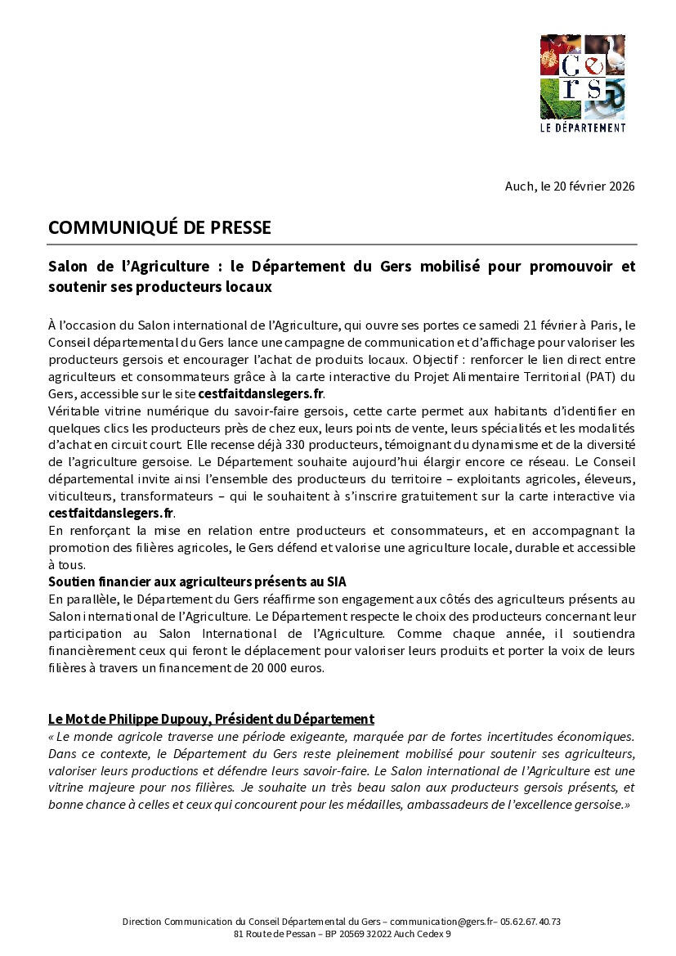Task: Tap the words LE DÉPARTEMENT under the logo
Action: click(583, 128)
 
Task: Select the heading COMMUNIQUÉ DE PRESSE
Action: click(159, 227)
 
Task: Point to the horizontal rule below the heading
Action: click(342, 245)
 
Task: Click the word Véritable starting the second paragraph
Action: click(74, 411)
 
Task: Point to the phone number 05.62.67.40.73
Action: click(531, 922)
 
